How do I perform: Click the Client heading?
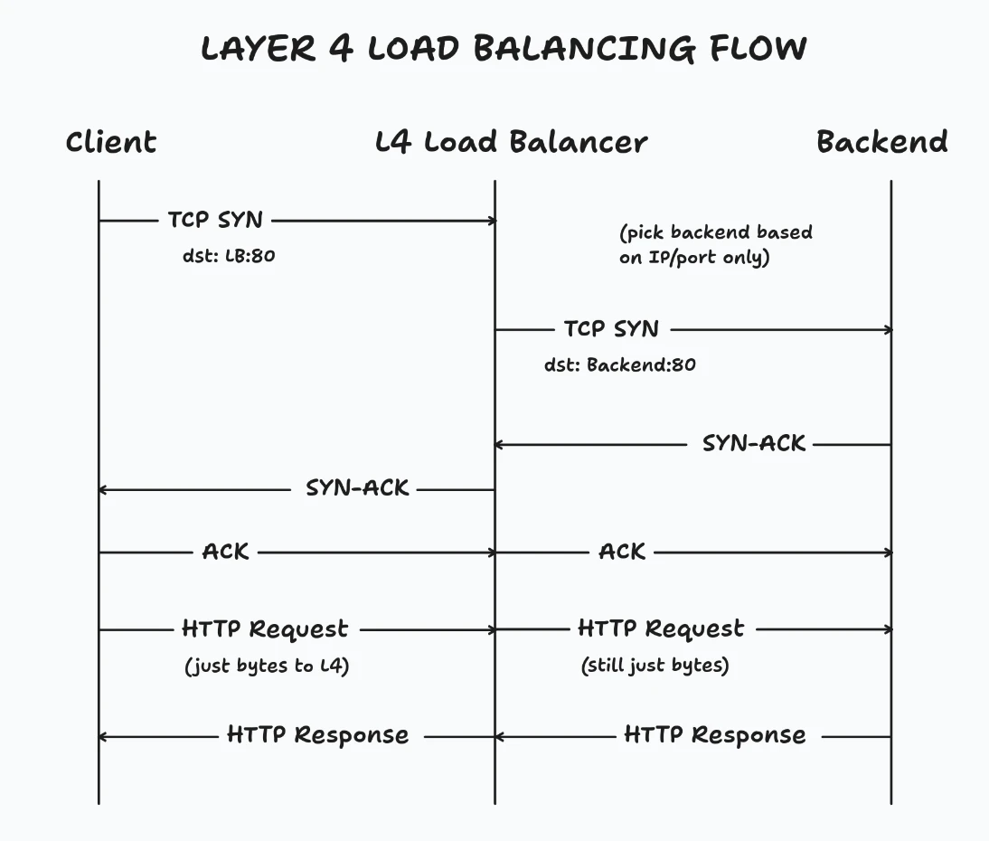111,142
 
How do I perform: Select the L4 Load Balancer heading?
512,142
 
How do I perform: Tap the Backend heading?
881,142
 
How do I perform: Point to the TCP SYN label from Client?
215,220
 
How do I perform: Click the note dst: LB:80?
229,256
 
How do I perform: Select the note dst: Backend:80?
620,365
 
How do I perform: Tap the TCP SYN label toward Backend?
612,329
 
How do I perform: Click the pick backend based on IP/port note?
715,245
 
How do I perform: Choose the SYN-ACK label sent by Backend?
754,444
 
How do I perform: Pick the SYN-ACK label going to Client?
358,488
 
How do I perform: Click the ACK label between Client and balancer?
226,552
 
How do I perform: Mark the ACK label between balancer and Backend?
622,552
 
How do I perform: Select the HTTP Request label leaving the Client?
265,629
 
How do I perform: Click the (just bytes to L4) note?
267,666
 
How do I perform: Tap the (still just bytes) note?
655,666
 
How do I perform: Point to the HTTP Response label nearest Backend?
714,735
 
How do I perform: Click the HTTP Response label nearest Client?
318,735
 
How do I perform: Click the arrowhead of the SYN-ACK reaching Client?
103,489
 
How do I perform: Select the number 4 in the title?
341,48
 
